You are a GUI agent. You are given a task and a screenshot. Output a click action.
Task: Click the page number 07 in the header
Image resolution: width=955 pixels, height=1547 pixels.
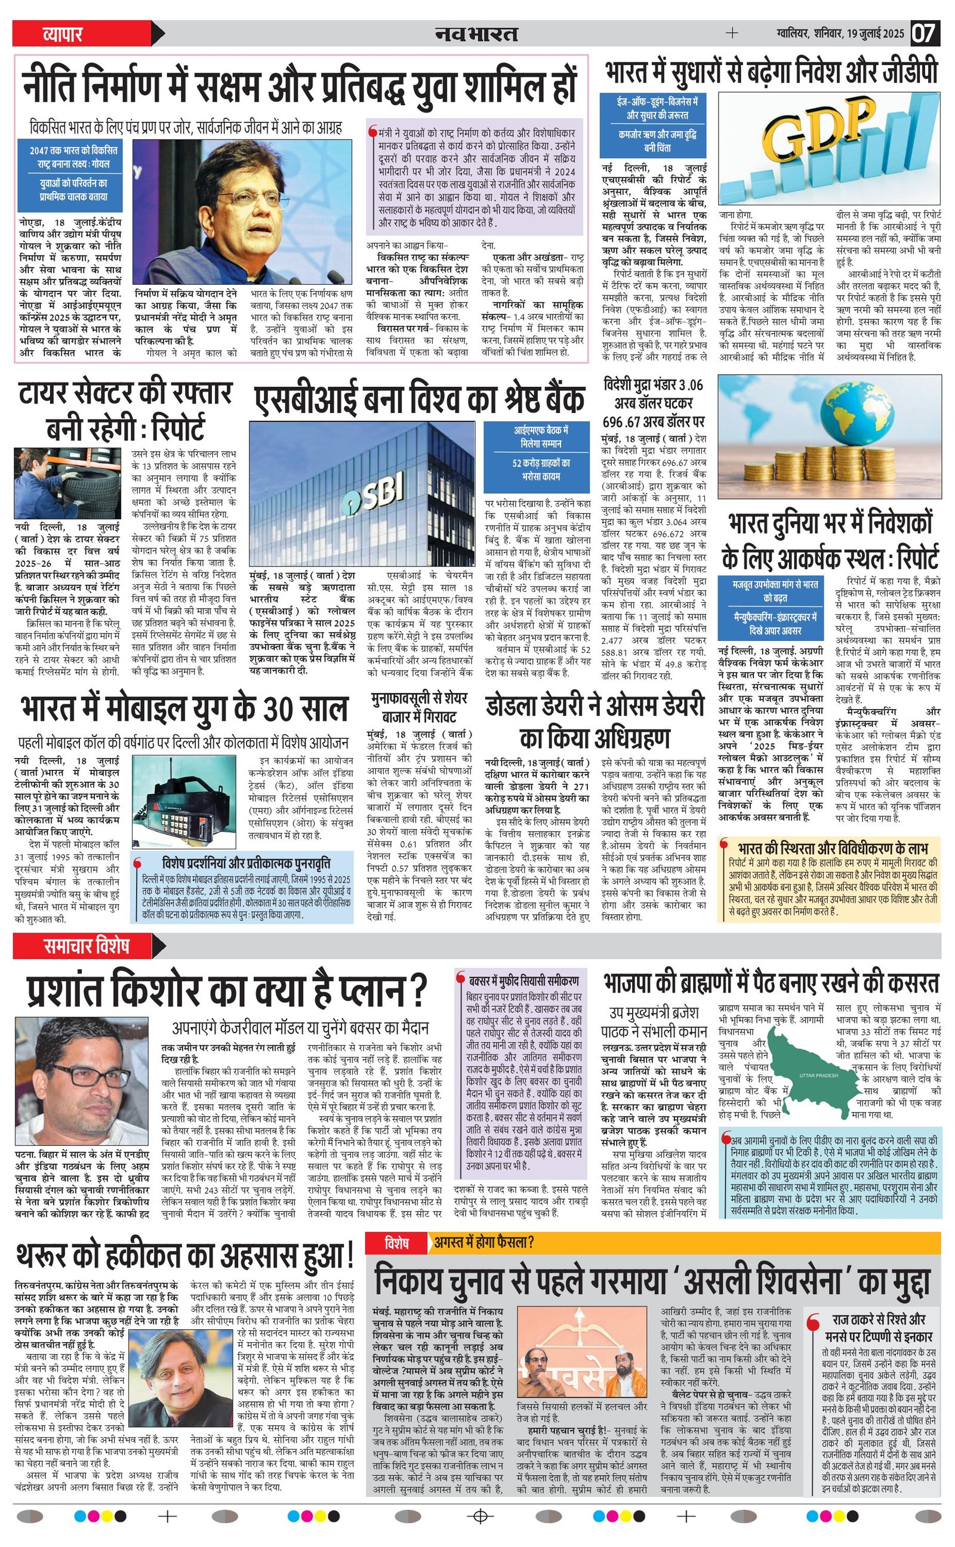[924, 33]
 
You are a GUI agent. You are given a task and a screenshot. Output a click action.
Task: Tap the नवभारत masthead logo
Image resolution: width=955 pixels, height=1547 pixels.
[477, 33]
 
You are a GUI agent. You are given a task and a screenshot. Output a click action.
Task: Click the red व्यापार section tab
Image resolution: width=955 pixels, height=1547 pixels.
[63, 33]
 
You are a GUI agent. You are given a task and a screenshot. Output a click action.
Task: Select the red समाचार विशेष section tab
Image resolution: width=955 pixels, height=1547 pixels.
[87, 946]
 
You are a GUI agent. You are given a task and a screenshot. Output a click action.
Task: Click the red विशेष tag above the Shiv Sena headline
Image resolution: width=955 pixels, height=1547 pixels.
[397, 1243]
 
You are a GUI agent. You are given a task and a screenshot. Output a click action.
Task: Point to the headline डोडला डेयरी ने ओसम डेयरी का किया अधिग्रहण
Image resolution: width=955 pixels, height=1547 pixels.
[594, 722]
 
